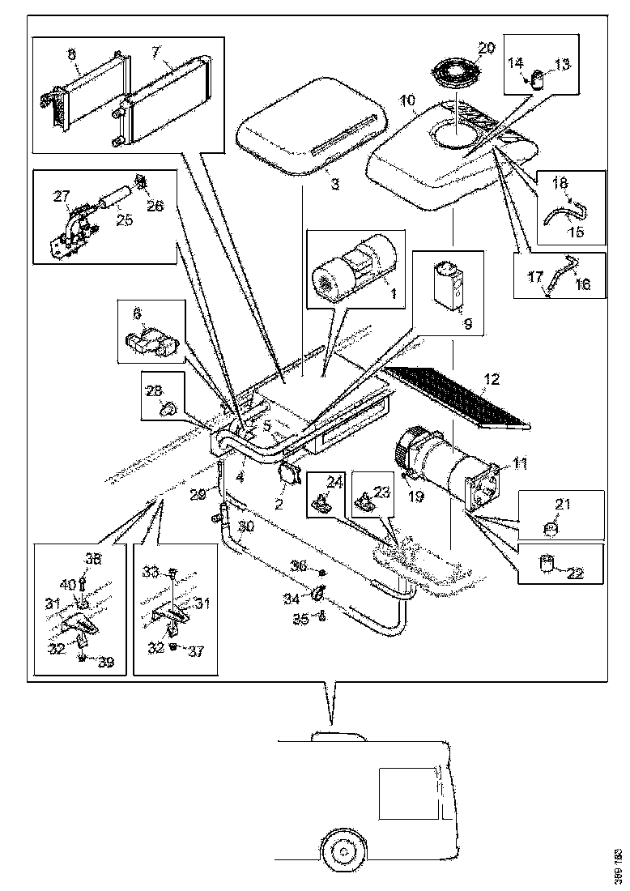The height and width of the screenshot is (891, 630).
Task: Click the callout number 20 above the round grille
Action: (x=485, y=48)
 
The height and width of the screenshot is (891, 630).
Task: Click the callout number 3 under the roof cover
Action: (x=334, y=185)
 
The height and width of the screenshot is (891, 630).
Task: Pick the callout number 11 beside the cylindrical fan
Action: (x=519, y=463)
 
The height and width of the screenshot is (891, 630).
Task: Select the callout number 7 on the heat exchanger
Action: (x=155, y=53)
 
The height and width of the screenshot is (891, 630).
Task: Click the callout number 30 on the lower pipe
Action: (x=246, y=526)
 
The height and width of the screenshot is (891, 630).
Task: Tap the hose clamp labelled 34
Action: (x=317, y=598)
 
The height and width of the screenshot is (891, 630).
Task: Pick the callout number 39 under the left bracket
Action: (x=104, y=663)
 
